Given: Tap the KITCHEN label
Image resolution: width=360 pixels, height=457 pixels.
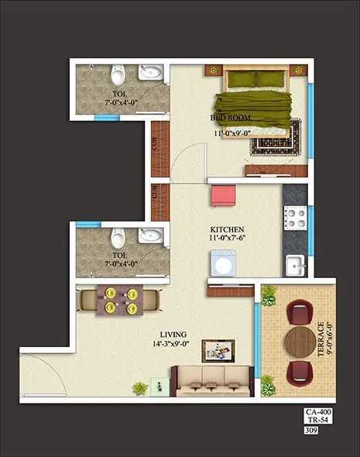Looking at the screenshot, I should coord(228,230).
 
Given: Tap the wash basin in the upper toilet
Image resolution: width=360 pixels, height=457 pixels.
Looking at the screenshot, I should coord(152,74).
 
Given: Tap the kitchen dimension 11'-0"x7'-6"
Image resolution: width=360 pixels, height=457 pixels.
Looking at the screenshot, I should coord(228,241).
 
